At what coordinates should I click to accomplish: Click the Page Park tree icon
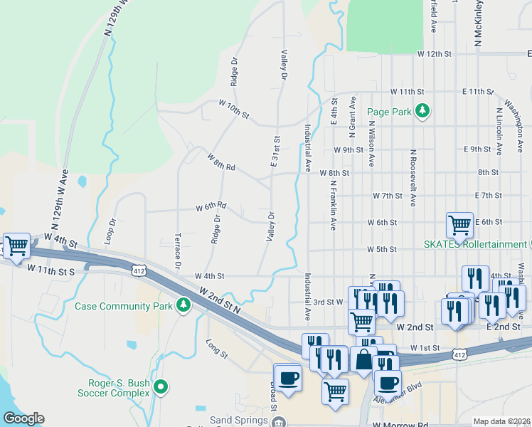[423, 111]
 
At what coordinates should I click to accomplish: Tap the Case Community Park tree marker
[184, 305]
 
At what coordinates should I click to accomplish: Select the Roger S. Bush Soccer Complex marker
[161, 388]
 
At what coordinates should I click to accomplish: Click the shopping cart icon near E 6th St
[459, 225]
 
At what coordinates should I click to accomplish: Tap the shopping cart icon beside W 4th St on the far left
[16, 246]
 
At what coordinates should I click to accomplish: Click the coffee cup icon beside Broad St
[288, 377]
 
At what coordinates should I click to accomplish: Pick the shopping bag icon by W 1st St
[363, 358]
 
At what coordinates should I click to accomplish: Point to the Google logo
[23, 418]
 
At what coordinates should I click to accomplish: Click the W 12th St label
[435, 54]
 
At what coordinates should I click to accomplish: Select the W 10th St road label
[234, 110]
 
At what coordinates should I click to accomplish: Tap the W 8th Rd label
[221, 161]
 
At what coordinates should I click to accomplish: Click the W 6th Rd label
[211, 207]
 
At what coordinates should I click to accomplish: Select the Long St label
[216, 349]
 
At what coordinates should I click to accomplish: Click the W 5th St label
[381, 250]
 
